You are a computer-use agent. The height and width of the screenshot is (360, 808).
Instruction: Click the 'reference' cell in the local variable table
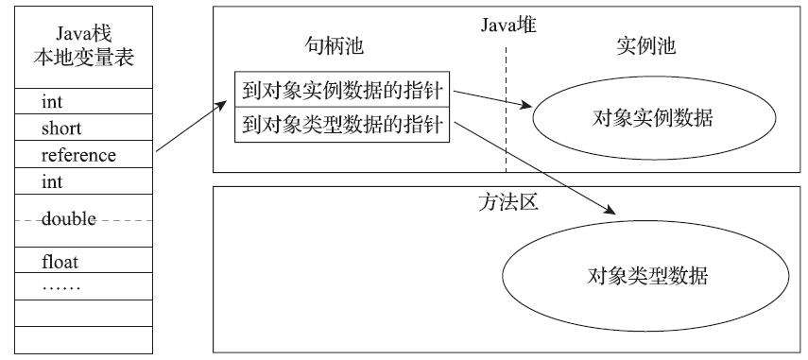78,154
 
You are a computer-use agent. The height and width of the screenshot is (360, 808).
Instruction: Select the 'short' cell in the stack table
78,128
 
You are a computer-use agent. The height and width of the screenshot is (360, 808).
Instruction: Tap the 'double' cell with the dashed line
78,219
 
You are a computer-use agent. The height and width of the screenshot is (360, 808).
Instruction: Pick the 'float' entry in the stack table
78,260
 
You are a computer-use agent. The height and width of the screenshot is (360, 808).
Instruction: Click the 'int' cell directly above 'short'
78,101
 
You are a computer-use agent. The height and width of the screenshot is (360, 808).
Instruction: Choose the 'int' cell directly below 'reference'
78,180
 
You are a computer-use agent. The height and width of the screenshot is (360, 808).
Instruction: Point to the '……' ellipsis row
78,286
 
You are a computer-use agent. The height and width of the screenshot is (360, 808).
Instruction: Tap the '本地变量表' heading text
78,58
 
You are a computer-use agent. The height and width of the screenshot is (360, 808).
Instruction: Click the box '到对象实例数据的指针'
343,94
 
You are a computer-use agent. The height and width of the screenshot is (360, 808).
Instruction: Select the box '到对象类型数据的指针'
343,123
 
